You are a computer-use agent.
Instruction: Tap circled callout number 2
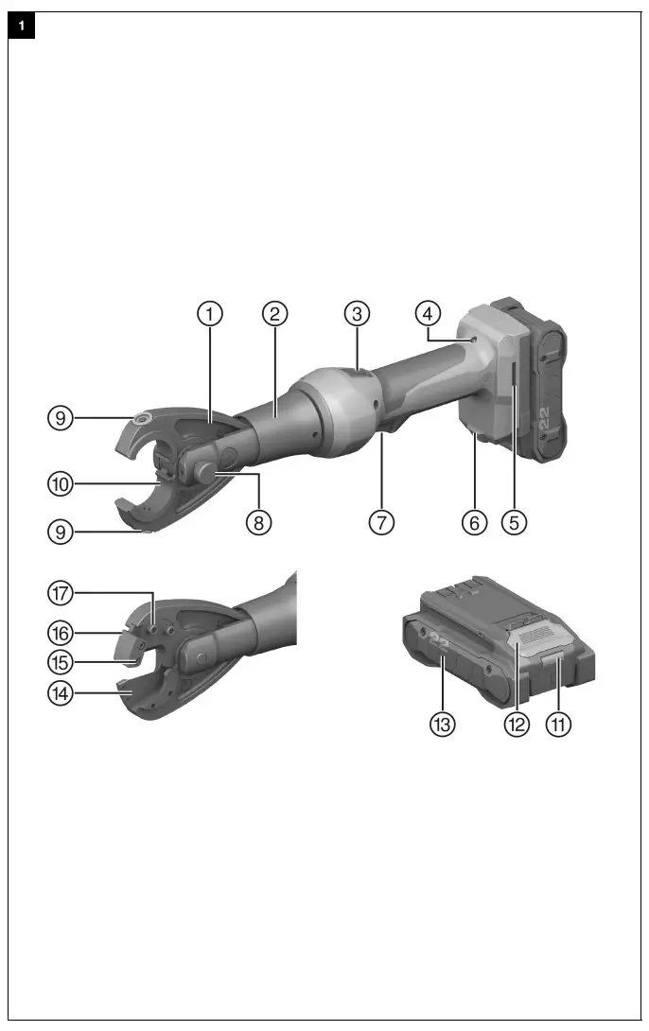274,313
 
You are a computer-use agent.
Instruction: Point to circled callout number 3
356,313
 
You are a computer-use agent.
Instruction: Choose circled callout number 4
428,313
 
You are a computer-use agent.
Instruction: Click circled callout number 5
513,521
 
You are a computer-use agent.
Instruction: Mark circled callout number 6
474,521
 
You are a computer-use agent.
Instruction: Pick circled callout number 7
381,521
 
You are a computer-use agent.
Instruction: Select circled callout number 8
258,521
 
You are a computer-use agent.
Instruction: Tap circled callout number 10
61,484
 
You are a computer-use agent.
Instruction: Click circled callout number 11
561,725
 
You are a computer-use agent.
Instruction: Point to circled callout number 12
516,725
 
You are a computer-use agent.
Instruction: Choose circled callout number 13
442,725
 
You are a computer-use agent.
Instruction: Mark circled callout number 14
61,694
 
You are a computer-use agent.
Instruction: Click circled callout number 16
61,628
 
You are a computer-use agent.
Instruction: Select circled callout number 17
61,594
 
